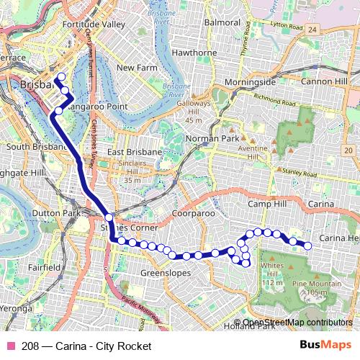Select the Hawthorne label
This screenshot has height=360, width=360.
pos(194,53)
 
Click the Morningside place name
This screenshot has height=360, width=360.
pos(250,81)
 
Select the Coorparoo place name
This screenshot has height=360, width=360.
pos(194,215)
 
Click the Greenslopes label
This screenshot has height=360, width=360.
pos(165,273)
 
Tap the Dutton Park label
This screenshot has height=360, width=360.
pos(30,213)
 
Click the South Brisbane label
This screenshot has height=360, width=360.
pos(36,147)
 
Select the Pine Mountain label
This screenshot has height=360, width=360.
pos(318,284)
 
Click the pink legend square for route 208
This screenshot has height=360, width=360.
pos(9,346)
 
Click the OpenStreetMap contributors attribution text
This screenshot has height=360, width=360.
pos(297,323)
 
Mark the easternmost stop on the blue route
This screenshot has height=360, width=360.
pos(308,246)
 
